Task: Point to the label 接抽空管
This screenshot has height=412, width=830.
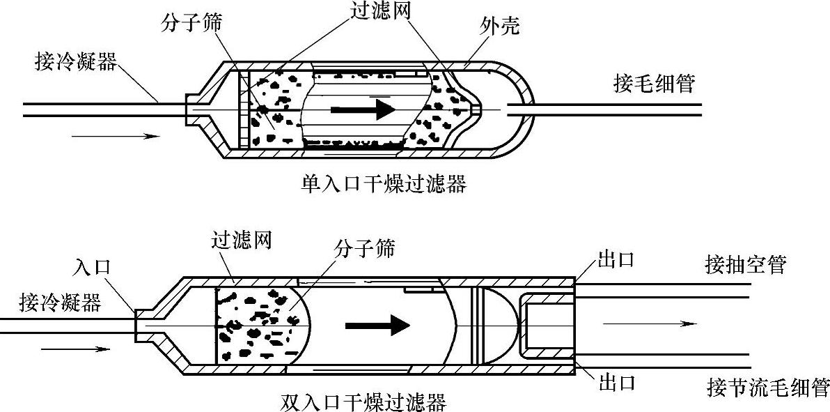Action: point(745,266)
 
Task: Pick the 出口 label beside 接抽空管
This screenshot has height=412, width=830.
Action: point(616,262)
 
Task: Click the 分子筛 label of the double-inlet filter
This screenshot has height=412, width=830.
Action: point(365,248)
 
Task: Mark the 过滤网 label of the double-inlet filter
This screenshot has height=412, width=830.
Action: point(241,241)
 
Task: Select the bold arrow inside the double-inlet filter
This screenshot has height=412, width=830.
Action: point(378,324)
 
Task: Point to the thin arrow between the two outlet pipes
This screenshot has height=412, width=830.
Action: point(649,323)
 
